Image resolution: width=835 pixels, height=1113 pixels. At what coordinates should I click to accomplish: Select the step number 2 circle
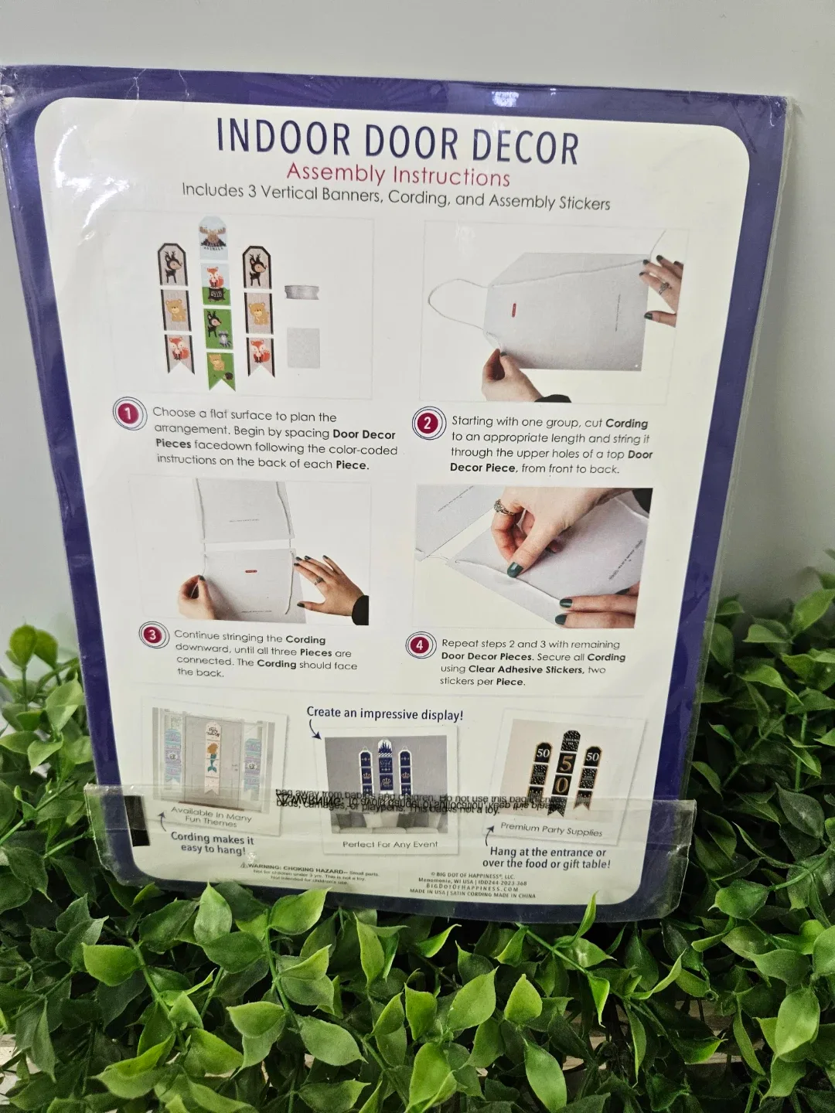pyautogui.click(x=427, y=423)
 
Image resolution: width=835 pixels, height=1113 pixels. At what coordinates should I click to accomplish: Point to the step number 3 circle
pyautogui.click(x=152, y=635)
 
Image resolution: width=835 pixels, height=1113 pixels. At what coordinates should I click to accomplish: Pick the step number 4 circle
pyautogui.click(x=419, y=645)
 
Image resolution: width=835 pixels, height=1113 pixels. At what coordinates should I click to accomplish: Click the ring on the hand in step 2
pyautogui.click(x=663, y=287)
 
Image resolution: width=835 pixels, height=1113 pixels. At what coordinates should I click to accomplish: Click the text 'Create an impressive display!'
pyautogui.click(x=385, y=714)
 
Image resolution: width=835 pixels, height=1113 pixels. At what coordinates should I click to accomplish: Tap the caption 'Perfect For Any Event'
pyautogui.click(x=390, y=844)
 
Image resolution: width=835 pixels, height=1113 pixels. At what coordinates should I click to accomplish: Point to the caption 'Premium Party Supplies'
pyautogui.click(x=550, y=830)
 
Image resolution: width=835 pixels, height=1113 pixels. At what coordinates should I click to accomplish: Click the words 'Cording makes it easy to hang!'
pyautogui.click(x=212, y=843)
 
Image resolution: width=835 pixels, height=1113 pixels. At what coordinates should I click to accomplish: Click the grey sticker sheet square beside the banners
pyautogui.click(x=302, y=346)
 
